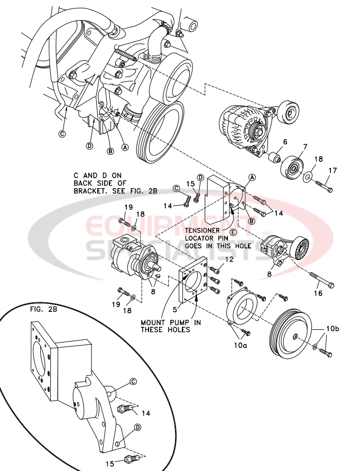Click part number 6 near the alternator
[284, 142]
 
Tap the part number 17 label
[333, 170]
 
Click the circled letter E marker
[233, 232]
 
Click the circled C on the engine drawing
[62, 134]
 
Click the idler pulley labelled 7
[292, 168]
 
